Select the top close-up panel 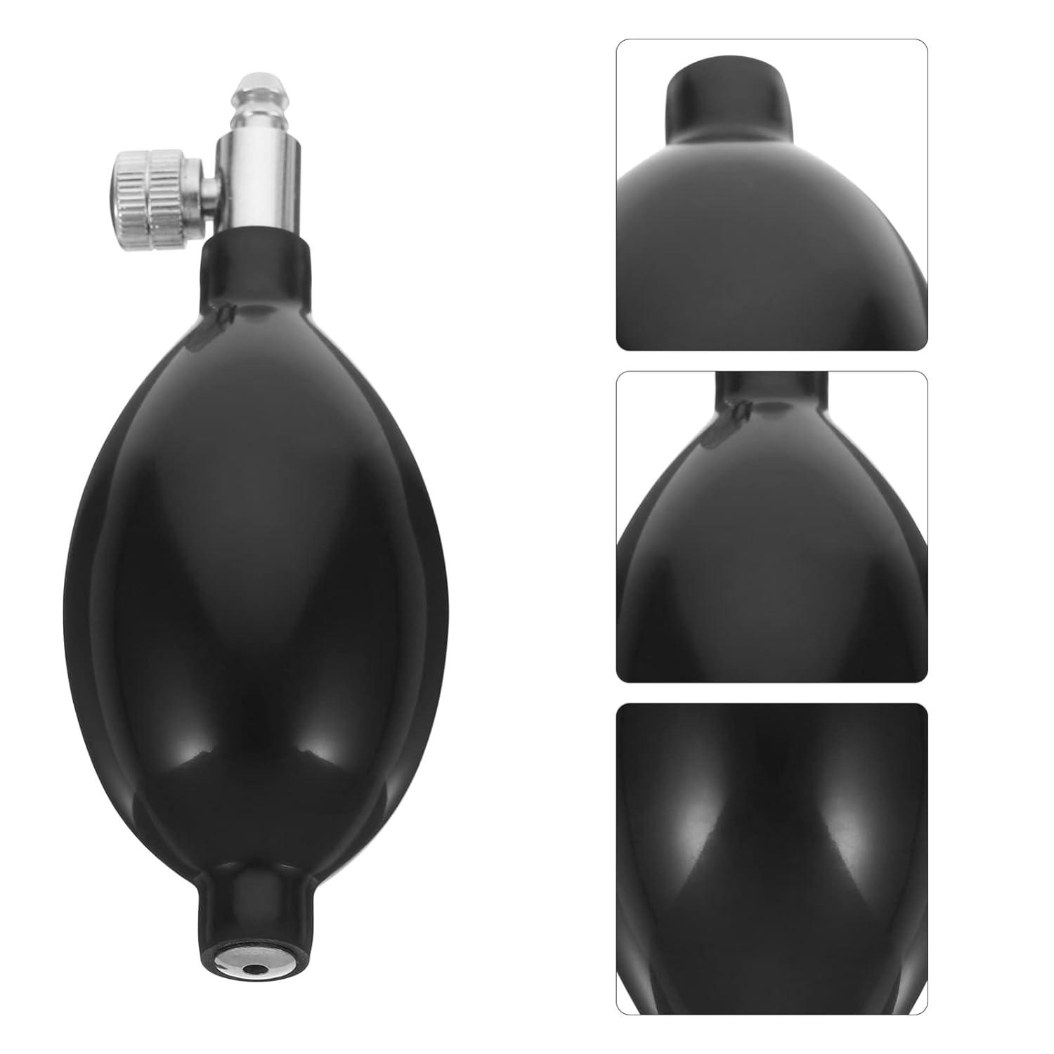coord(772,194)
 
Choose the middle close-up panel coord(772,528)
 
